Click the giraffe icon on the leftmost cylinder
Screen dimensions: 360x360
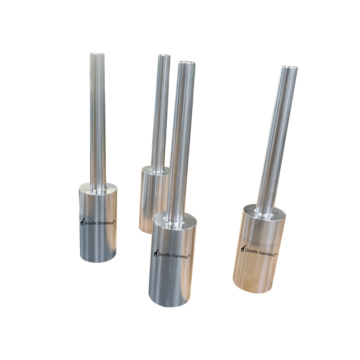click(82, 222)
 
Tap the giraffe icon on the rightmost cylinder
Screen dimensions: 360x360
click(243, 248)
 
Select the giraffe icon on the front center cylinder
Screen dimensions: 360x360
click(156, 253)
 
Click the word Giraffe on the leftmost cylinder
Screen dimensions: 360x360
click(91, 223)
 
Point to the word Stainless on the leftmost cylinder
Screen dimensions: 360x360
click(105, 223)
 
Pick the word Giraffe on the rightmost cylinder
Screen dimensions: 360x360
click(252, 251)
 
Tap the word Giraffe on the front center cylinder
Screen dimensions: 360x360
click(165, 255)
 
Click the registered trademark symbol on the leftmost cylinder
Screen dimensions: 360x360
click(114, 221)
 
